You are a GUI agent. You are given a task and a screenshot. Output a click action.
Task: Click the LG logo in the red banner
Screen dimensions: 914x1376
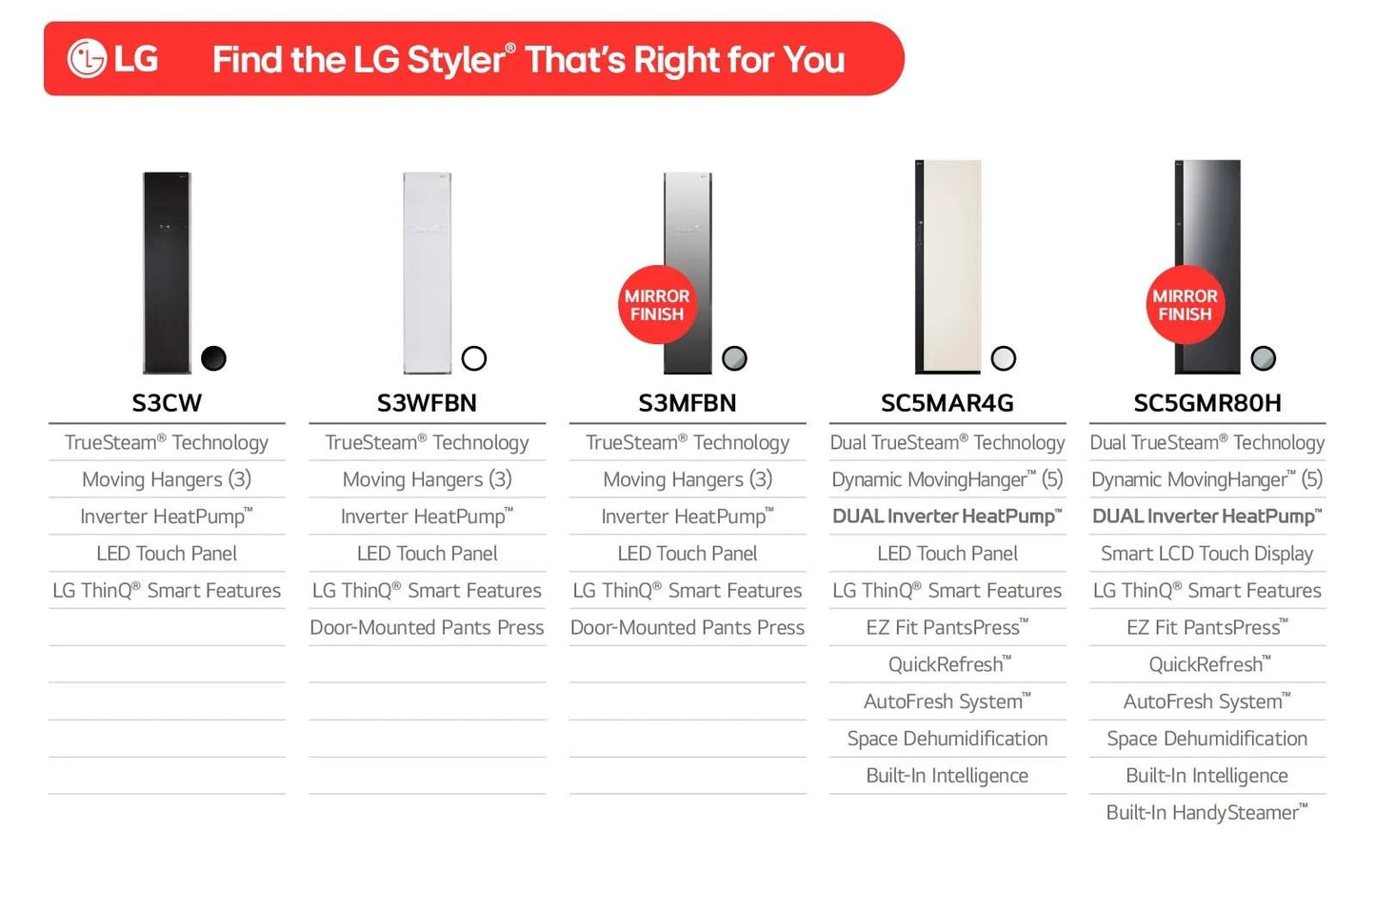(112, 59)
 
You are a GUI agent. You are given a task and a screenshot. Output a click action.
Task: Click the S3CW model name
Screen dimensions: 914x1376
(167, 403)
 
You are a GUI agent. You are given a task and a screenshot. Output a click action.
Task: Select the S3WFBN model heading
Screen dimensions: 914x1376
(427, 403)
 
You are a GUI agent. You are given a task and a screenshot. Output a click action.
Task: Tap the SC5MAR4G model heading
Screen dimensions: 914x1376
(947, 403)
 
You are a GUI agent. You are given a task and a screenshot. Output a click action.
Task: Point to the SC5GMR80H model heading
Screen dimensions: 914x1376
(1206, 403)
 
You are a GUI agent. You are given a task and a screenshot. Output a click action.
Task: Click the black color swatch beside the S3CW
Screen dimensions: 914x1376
(214, 358)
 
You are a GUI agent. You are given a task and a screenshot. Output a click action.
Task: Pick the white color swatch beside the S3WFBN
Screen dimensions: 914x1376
(474, 358)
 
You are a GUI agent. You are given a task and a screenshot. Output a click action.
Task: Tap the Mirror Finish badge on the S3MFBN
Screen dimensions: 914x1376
(656, 305)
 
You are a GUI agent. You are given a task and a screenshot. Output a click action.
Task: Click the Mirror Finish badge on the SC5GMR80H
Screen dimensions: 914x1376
(1184, 305)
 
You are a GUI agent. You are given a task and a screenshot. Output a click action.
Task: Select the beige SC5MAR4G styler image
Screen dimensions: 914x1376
(948, 267)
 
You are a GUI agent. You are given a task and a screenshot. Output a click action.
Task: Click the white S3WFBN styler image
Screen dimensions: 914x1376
(427, 273)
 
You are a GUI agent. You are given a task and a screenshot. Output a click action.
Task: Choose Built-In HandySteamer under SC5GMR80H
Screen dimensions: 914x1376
(1206, 813)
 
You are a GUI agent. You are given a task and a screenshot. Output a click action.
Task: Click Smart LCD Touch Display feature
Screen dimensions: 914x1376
(1206, 554)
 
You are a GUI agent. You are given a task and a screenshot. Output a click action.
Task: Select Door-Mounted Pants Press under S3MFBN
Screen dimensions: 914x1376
(687, 628)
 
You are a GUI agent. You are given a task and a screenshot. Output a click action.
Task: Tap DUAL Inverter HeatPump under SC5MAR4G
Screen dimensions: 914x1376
(947, 517)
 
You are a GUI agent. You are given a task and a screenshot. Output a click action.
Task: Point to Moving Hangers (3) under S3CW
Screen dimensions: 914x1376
(167, 479)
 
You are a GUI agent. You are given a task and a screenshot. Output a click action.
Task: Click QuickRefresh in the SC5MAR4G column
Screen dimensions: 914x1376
(948, 664)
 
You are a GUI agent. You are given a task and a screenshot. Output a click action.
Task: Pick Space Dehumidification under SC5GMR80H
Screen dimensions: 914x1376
(1206, 739)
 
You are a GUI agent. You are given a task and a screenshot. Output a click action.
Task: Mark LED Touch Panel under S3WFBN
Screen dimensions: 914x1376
(427, 554)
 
